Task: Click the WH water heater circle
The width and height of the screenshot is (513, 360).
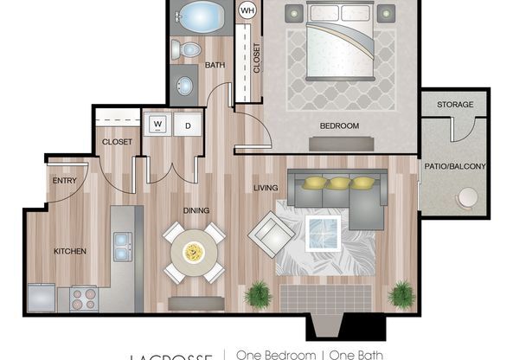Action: click(x=247, y=11)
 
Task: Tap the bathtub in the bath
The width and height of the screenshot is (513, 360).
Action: click(x=200, y=16)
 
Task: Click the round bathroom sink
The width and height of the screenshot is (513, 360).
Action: click(x=184, y=86)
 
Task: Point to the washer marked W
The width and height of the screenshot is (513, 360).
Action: click(x=158, y=124)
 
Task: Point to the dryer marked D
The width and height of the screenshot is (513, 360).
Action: click(x=188, y=124)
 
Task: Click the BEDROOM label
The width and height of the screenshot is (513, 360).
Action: click(x=338, y=126)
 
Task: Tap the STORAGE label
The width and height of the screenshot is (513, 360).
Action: click(x=454, y=105)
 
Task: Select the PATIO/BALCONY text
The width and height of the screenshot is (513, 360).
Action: click(x=454, y=166)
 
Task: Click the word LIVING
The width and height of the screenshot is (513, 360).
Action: click(x=265, y=187)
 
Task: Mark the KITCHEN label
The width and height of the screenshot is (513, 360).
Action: click(x=70, y=251)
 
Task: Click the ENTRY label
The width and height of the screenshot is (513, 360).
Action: click(x=65, y=181)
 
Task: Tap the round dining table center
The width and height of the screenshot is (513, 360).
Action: click(x=194, y=252)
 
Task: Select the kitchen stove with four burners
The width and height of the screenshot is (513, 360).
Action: click(x=83, y=299)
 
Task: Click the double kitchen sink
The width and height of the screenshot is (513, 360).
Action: click(x=122, y=246)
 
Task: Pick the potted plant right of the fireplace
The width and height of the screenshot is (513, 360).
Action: click(x=401, y=294)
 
